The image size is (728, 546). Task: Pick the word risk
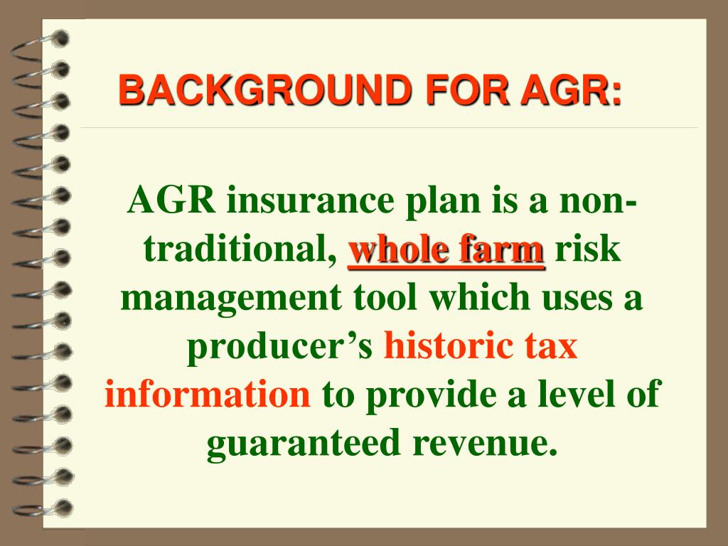tap(588, 250)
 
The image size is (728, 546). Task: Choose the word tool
tap(382, 299)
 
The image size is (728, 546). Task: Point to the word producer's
tap(279, 347)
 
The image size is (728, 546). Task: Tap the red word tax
tap(550, 347)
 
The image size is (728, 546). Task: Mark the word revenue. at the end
tap(483, 444)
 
